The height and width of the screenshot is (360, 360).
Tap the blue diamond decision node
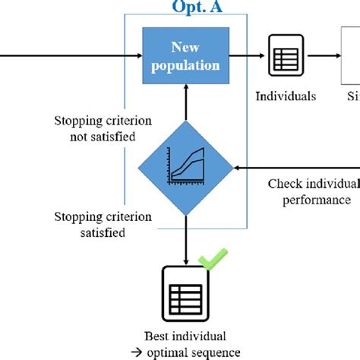pos(185,167)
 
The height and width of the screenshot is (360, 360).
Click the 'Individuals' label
pos(285,96)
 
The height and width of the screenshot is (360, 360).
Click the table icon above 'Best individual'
pos(185,292)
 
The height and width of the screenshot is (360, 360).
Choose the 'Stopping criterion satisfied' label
pos(103,224)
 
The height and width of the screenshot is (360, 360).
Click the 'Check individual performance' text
pos(312,192)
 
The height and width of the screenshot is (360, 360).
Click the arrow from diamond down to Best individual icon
pos(185,239)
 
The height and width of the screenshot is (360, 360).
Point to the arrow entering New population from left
pos(76,55)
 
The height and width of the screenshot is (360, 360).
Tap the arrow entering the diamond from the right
pos(296,167)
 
